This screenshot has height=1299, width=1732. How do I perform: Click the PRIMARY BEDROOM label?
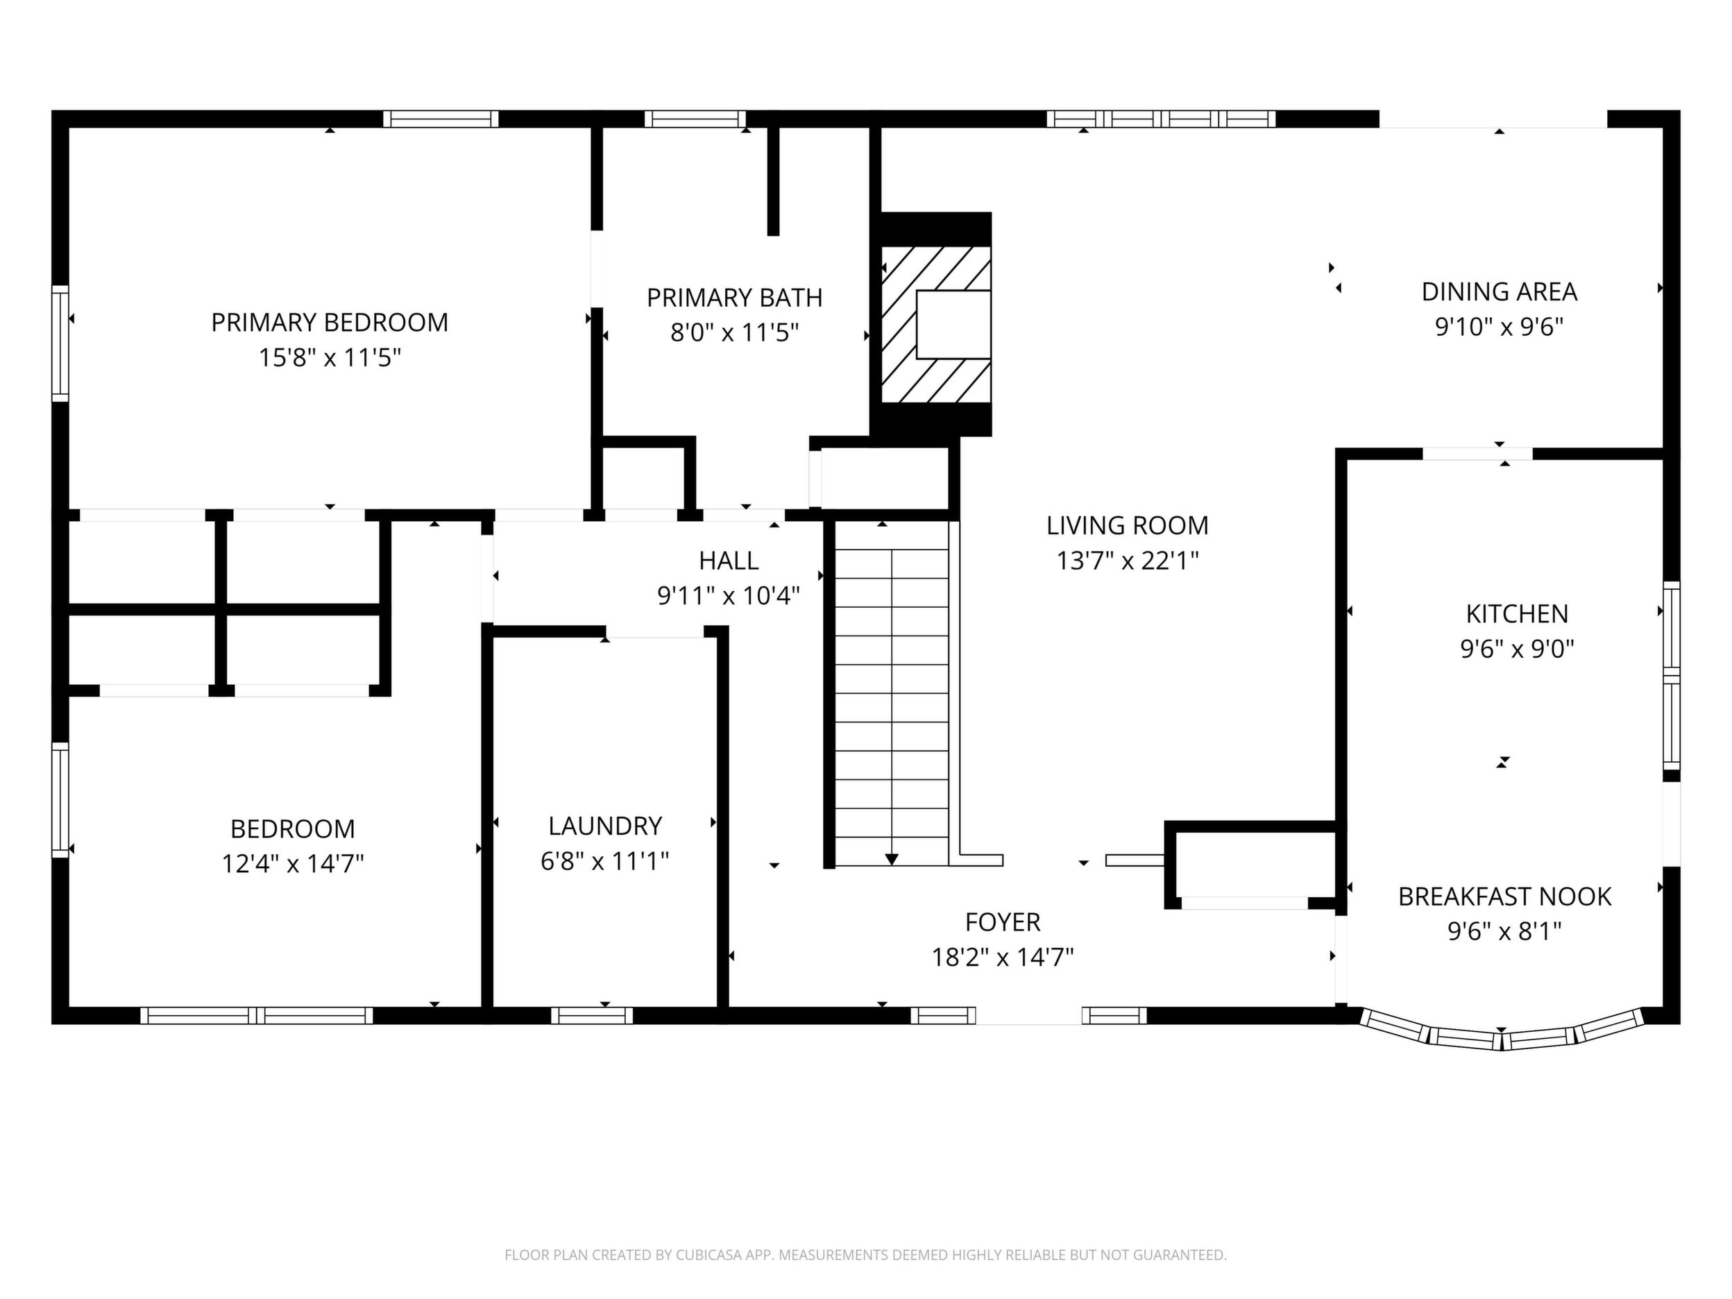(330, 323)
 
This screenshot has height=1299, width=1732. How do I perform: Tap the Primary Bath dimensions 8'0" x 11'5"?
(734, 334)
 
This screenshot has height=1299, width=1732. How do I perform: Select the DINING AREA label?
(1500, 292)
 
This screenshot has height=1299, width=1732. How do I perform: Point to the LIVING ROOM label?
(1128, 525)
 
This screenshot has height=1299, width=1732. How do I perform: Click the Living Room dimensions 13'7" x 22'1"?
(1128, 561)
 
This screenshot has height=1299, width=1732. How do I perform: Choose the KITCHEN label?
(1518, 614)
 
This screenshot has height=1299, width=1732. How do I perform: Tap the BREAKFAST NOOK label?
(1505, 897)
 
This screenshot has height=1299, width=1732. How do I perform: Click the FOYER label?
(1003, 922)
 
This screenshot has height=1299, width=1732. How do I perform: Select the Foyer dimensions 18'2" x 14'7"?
(1003, 958)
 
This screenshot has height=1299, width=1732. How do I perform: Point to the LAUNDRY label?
(605, 826)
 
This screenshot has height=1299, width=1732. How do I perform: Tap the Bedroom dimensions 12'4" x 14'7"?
(293, 865)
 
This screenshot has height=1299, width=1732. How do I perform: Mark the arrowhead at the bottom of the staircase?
(892, 860)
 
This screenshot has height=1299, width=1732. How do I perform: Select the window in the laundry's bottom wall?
(592, 1016)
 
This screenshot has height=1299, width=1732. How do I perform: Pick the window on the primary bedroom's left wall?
(60, 344)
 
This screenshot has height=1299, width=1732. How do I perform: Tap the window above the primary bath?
(695, 119)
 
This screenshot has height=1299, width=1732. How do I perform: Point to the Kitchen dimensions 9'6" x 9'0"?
(1518, 649)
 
